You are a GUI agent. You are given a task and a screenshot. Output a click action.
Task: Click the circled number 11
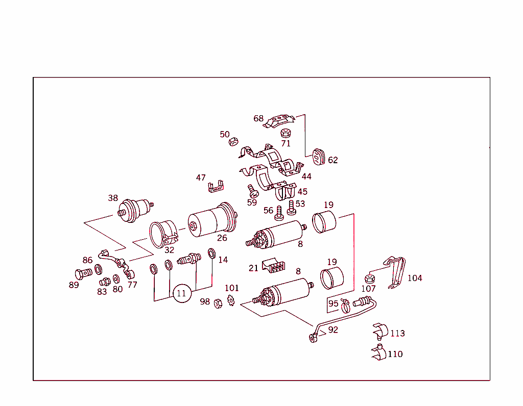coord(182,293)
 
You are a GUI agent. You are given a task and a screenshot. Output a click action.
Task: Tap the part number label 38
coord(113,198)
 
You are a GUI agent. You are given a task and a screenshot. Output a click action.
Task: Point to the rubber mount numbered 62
coord(319,157)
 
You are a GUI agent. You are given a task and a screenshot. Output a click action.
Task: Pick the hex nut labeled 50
coord(233,142)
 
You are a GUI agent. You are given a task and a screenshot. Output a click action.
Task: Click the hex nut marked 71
coord(286,133)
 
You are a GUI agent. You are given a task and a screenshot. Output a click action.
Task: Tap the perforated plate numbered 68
coord(279,121)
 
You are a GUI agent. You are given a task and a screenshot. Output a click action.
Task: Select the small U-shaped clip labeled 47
coord(216,187)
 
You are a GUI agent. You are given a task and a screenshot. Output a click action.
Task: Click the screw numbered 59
coord(253,191)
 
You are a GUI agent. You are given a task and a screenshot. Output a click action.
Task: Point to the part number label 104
coord(415,278)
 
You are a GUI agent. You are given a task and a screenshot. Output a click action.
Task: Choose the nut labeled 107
coord(370,278)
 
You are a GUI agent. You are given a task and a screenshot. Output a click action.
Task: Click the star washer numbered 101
coord(231,300)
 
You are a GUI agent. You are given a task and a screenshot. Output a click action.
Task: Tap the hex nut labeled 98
coord(218,303)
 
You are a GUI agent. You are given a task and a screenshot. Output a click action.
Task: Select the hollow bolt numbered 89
coord(83,274)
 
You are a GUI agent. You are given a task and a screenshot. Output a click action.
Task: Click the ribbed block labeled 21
coord(274,265)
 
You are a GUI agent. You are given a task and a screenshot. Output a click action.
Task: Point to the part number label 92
coord(333,329)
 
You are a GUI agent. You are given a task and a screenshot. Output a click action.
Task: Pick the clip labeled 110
coord(379,352)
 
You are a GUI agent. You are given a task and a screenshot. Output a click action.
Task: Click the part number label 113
coord(397,333)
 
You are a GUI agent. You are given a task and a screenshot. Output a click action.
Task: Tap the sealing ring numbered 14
coord(212,253)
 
